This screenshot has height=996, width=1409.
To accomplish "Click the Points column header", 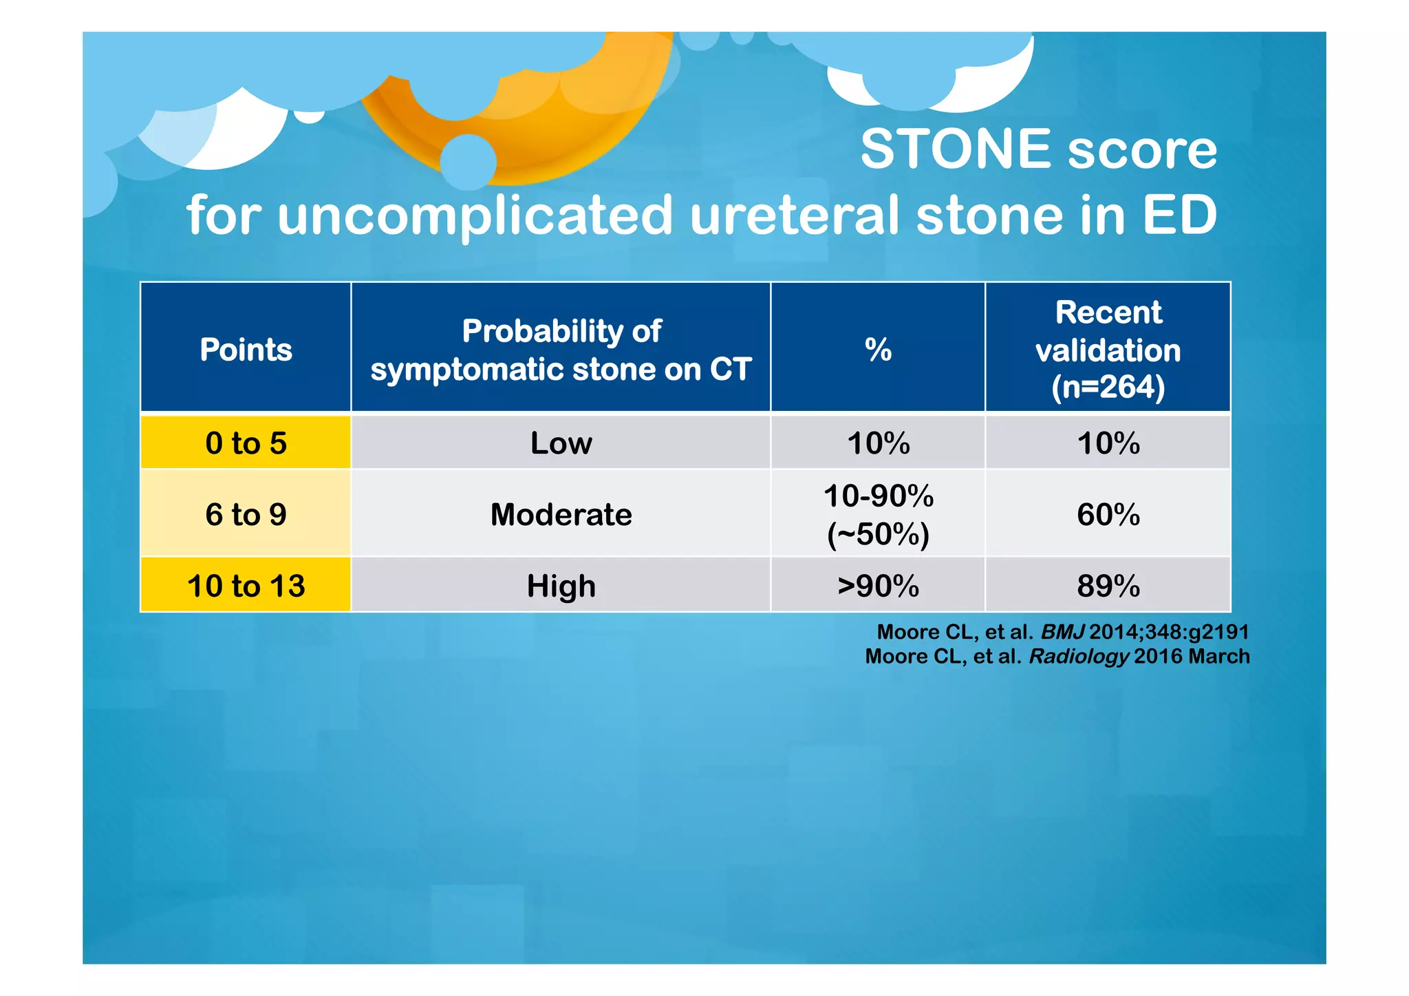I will click(246, 349).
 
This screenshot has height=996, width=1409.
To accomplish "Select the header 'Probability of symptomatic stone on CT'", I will click(561, 350).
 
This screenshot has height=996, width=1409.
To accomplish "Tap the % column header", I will click(878, 349).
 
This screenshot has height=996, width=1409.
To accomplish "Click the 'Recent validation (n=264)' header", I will click(1108, 349).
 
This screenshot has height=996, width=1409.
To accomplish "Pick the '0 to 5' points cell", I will click(246, 443).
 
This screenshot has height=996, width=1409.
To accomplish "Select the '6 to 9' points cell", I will click(246, 514).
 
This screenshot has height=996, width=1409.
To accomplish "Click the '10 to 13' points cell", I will click(246, 586).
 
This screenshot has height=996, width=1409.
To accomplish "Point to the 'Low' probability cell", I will click(561, 443).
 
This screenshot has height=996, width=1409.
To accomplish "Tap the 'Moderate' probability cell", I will click(561, 514).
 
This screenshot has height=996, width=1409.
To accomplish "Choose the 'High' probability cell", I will click(561, 586).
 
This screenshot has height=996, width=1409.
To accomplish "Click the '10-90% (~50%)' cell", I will click(878, 514).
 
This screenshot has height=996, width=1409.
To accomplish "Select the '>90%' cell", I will click(878, 586).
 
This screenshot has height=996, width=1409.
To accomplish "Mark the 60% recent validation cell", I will click(1108, 514).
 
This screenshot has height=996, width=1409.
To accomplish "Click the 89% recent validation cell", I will click(1108, 586).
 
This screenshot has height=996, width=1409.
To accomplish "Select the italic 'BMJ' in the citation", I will click(1062, 632).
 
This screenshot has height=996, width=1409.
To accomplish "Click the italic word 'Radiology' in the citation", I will click(1078, 657).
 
